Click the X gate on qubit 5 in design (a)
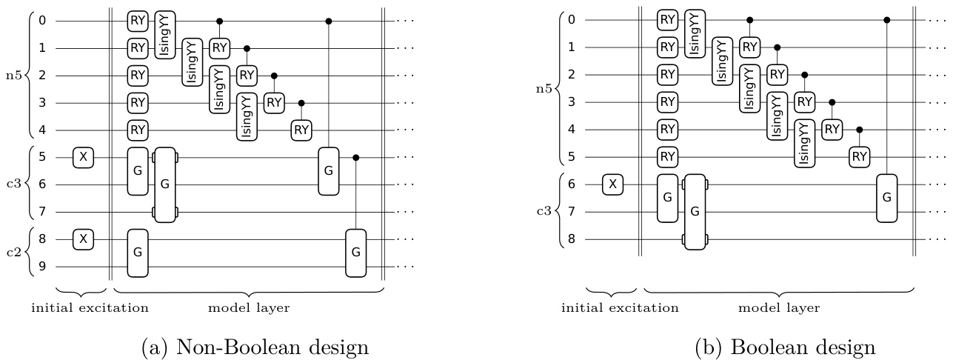(83, 157)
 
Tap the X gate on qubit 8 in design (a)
(83, 239)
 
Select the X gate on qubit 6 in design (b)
(612, 184)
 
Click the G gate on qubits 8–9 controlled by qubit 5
(356, 253)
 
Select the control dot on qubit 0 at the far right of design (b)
(888, 20)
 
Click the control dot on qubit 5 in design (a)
(356, 158)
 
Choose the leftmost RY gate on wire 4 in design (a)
(138, 130)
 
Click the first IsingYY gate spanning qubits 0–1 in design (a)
(164, 34)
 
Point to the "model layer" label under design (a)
(249, 305)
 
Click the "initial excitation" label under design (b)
(612, 305)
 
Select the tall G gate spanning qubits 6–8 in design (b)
(695, 212)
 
